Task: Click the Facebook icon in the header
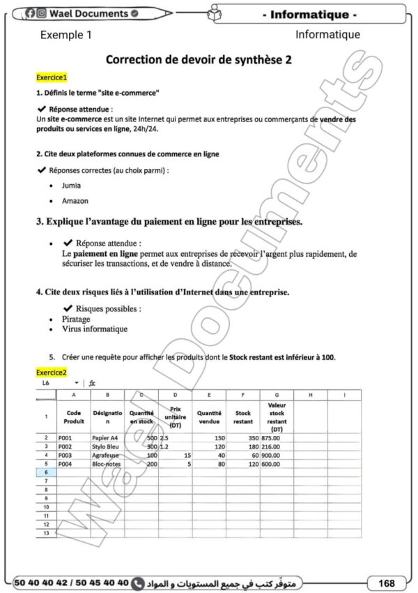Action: (30, 13)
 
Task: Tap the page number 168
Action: (385, 582)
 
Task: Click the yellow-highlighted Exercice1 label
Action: (51, 77)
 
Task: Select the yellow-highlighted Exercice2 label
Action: (51, 373)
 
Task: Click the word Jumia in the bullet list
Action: (71, 186)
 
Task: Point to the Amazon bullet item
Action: (75, 201)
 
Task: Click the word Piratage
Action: (77, 319)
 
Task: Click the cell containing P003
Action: (65, 455)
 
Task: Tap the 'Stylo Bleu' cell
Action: (106, 446)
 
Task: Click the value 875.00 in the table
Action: (271, 438)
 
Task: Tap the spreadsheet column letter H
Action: (311, 396)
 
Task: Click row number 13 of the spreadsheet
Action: (45, 532)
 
